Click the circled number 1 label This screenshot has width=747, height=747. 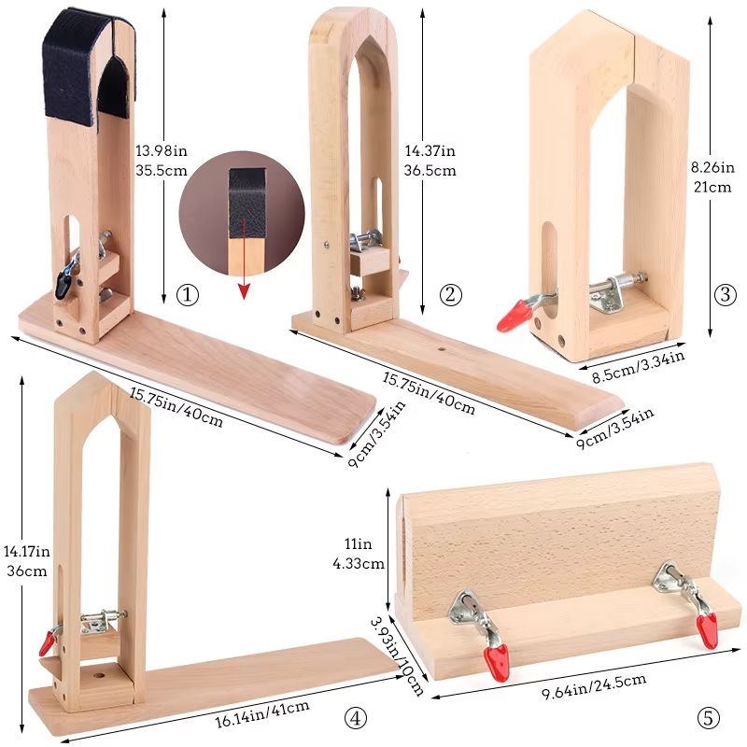(x=189, y=295)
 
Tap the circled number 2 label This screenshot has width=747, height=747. (x=451, y=295)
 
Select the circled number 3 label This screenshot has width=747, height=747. (x=725, y=295)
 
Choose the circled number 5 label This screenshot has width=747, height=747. (x=709, y=718)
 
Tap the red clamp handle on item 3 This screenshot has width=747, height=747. (x=511, y=316)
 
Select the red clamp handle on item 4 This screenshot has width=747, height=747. (x=46, y=641)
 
